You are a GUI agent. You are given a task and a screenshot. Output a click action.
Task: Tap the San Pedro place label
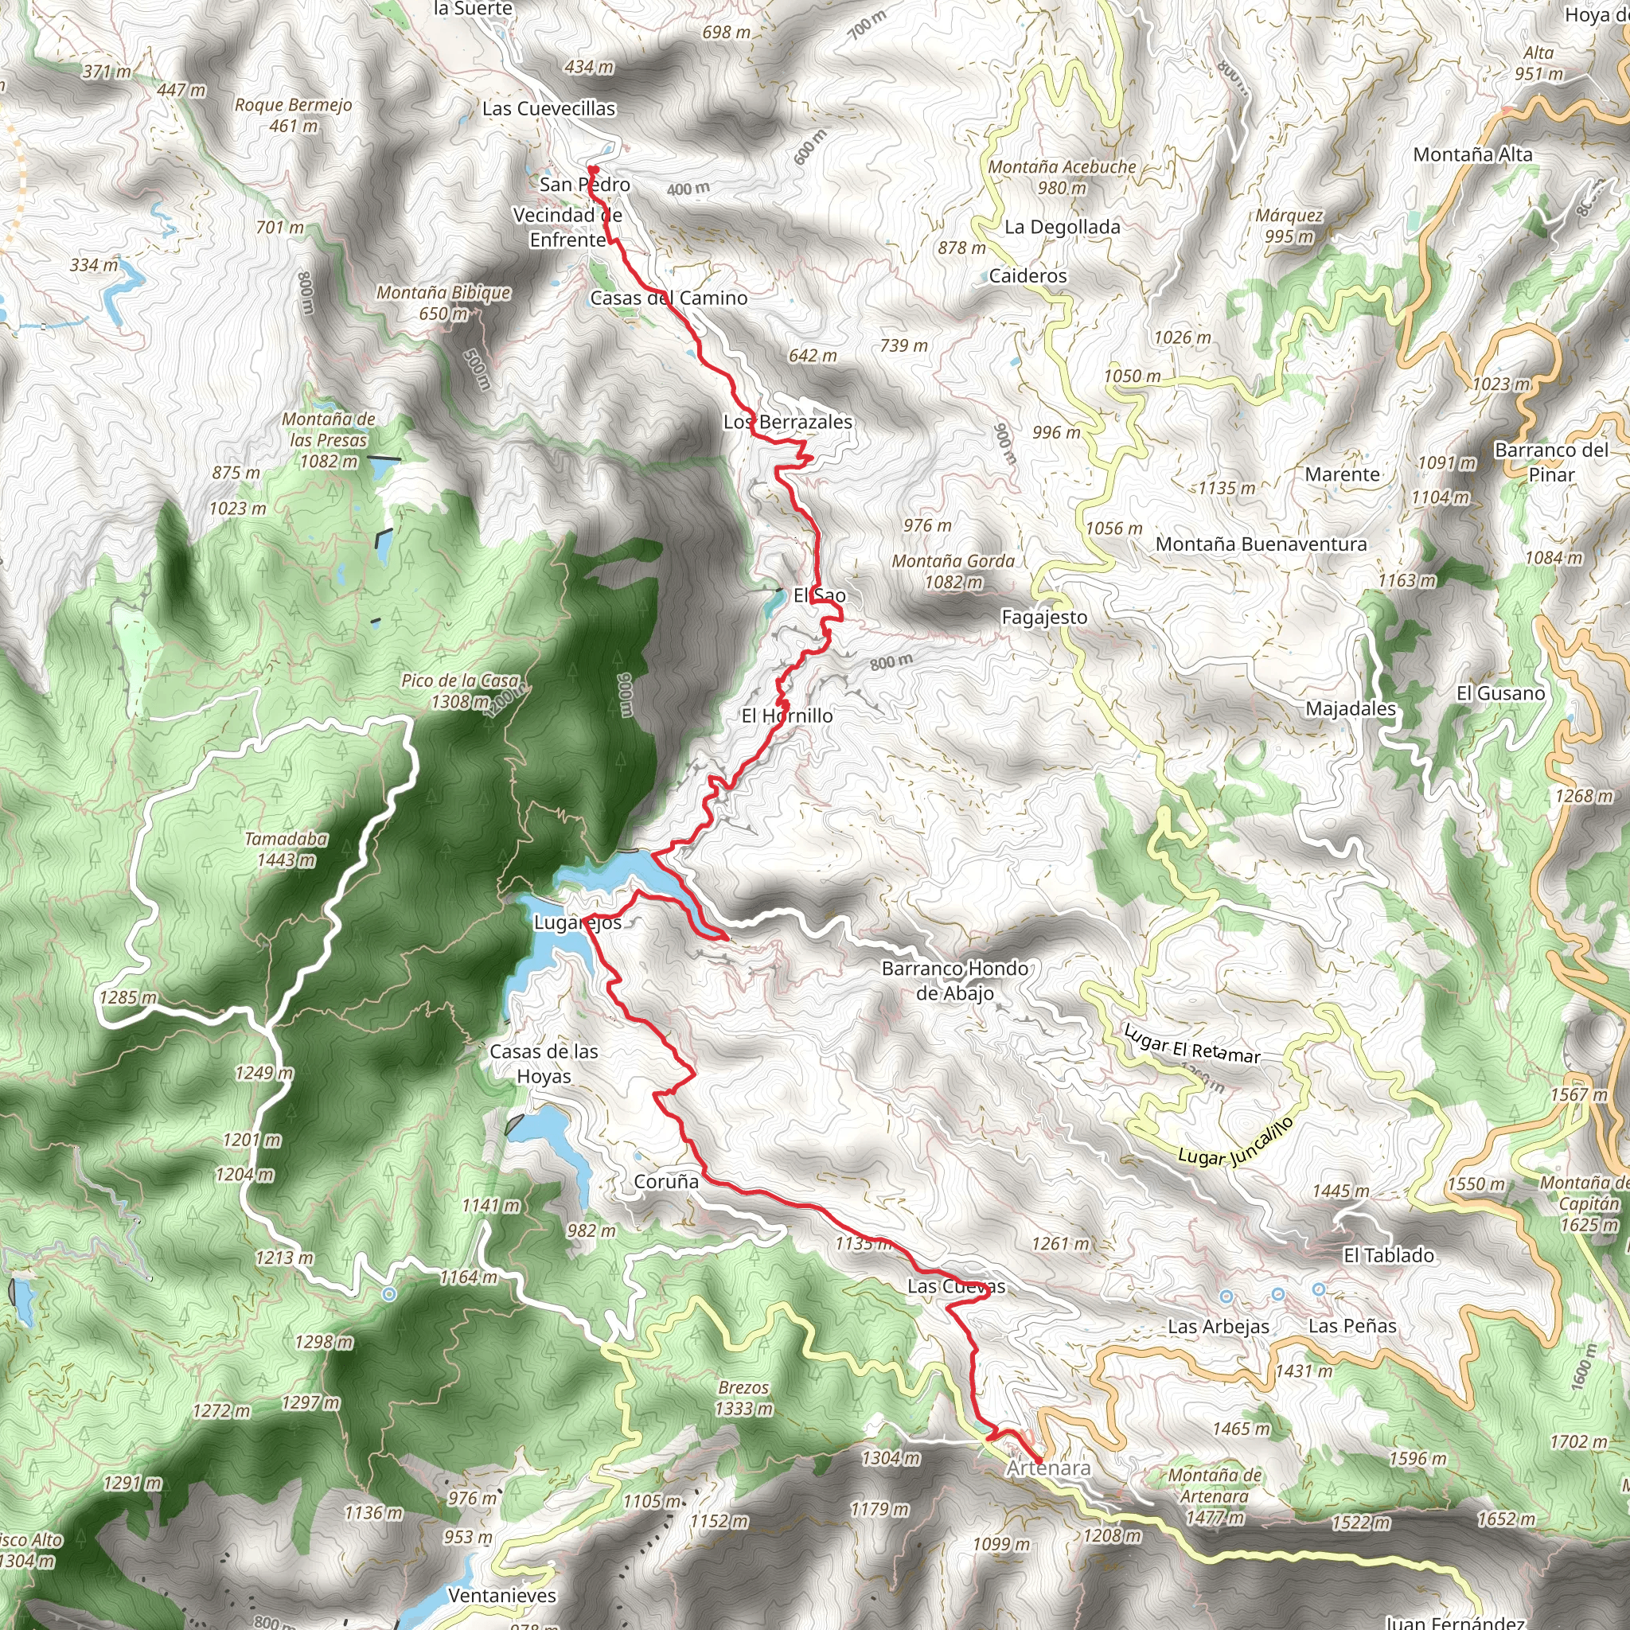(585, 184)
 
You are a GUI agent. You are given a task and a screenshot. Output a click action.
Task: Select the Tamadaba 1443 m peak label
(286, 848)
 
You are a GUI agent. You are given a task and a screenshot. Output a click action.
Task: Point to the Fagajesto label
(1043, 617)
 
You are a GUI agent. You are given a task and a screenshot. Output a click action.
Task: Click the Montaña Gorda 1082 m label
(953, 571)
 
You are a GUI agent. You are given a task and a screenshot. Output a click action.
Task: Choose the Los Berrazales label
(787, 422)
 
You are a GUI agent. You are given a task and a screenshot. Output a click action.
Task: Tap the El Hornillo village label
(786, 716)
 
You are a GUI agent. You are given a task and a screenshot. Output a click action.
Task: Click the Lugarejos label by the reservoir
(577, 922)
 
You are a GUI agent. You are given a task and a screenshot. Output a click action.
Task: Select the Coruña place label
(665, 1182)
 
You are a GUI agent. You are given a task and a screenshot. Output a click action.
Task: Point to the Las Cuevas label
(956, 1287)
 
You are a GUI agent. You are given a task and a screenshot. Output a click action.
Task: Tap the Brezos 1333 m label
(743, 1398)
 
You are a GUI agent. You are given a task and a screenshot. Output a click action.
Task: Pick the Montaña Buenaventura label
(1261, 544)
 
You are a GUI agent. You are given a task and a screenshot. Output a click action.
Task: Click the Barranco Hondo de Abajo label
(954, 981)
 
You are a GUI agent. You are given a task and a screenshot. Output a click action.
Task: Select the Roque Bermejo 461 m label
(293, 115)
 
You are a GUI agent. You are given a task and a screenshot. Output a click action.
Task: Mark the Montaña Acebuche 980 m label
(1062, 177)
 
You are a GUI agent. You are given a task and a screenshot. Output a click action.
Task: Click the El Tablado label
(1388, 1255)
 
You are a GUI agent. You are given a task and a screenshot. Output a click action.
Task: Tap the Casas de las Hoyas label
(544, 1063)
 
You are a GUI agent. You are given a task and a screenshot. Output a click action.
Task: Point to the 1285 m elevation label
(127, 997)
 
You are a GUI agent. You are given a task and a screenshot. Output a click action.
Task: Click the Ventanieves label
(502, 1596)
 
